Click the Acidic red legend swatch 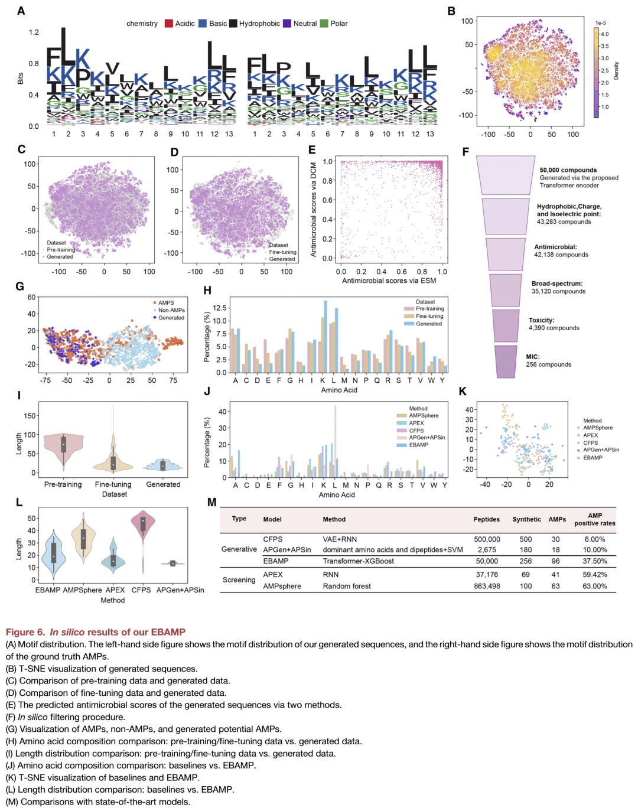(169, 24)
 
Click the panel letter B (451, 11)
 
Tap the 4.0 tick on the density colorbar (604, 34)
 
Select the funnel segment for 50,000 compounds (506, 175)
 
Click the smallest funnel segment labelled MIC (506, 361)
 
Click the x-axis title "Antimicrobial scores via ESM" (389, 281)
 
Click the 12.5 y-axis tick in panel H (220, 308)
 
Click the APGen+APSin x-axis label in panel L (180, 590)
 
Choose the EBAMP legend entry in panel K (593, 458)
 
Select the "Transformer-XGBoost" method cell (358, 561)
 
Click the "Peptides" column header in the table (486, 520)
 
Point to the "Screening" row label (239, 580)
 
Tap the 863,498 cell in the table (487, 587)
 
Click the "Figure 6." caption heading (25, 632)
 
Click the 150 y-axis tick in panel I (30, 416)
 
